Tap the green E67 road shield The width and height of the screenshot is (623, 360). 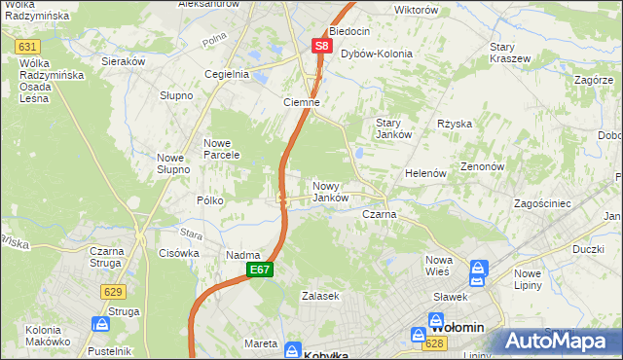[x=259, y=270]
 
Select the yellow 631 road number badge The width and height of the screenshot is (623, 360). [x=27, y=47]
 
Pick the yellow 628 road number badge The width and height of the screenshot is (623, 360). [x=435, y=343]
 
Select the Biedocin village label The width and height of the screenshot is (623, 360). [x=348, y=31]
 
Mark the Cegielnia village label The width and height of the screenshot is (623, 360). [x=226, y=73]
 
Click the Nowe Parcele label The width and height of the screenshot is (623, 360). [x=222, y=149]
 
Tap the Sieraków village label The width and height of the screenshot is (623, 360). [x=124, y=59]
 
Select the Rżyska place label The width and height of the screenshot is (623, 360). [x=455, y=124]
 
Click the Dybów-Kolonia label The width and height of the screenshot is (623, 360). [x=376, y=54]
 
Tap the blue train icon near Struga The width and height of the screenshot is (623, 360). [x=101, y=323]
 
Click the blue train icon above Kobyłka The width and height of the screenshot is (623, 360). [x=294, y=346]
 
